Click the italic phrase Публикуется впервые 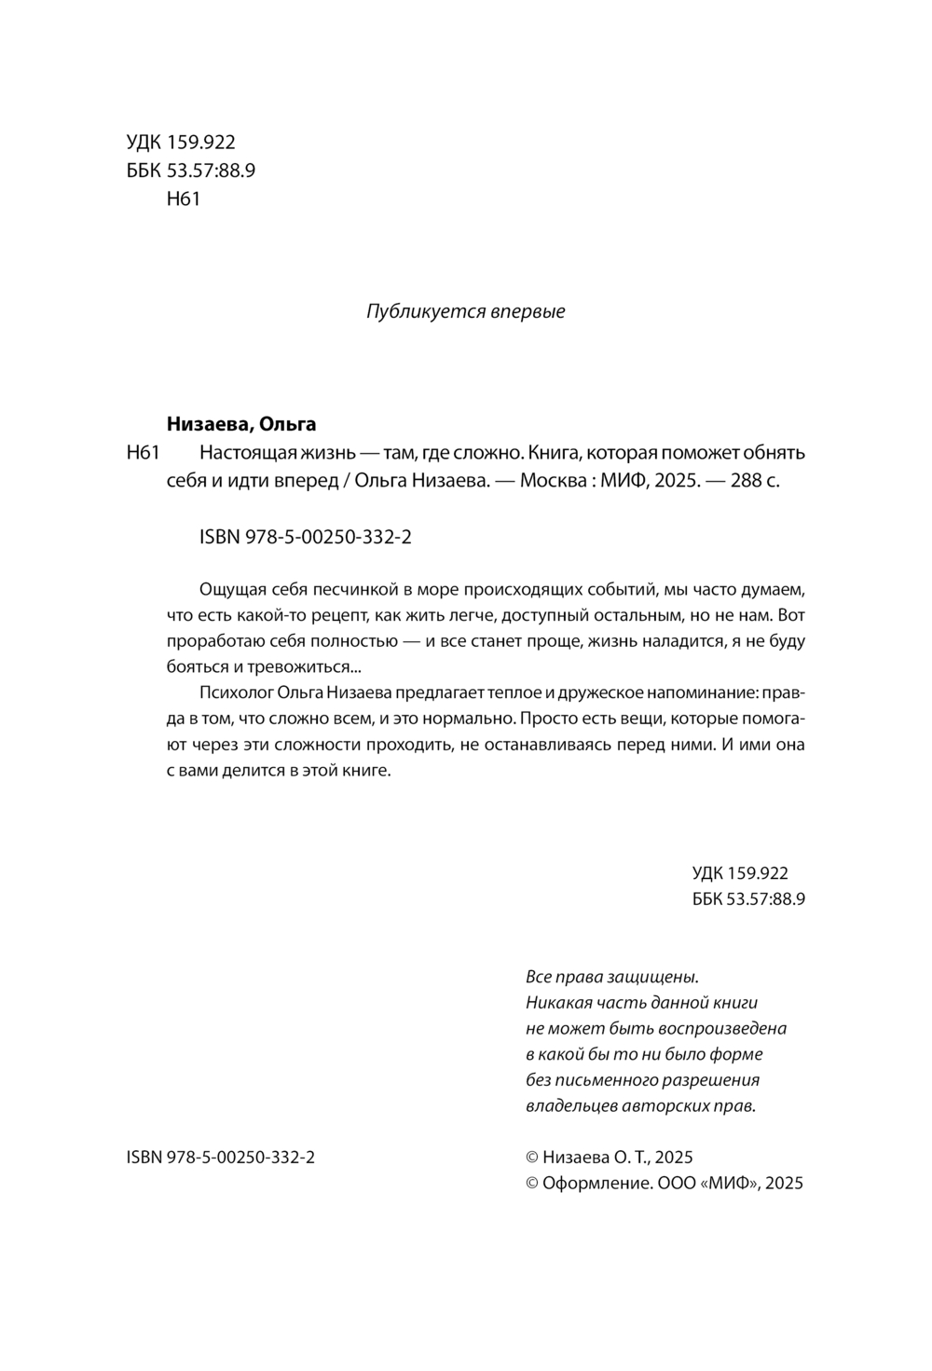point(466,311)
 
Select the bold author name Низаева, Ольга point(240,424)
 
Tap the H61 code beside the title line point(144,454)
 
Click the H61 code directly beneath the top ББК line point(182,199)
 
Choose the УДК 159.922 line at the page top point(180,143)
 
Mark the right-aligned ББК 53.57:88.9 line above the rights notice point(748,899)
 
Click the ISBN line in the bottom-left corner point(219,1157)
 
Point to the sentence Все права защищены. point(611,977)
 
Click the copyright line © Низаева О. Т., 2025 point(610,1157)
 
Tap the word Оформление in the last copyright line point(594,1183)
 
